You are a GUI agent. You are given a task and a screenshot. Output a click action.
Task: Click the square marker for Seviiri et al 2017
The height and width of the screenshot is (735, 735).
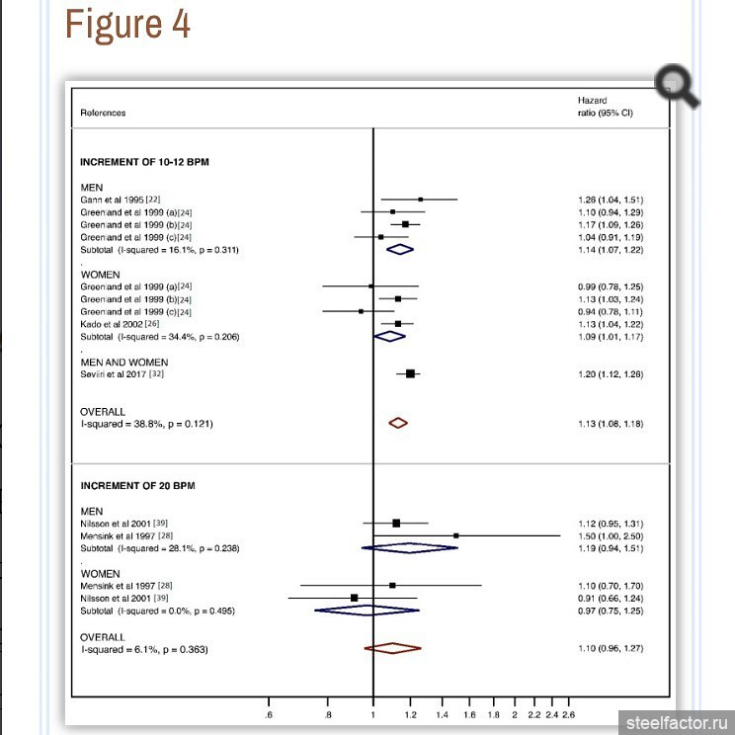pos(411,373)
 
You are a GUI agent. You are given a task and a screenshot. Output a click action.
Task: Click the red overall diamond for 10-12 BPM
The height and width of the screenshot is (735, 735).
pos(398,423)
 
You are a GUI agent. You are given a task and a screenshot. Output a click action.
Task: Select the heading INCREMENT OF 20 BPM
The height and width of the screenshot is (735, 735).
pos(138,486)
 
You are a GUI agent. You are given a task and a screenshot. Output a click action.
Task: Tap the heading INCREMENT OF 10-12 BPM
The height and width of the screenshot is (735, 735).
pos(144,161)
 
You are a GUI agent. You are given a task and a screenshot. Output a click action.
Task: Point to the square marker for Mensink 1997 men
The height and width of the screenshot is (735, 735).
pos(455,535)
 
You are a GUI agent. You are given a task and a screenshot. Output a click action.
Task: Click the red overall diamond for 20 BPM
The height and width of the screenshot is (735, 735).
pos(392,648)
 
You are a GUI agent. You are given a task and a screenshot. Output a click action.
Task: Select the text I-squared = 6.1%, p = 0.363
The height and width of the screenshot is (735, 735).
pos(144,649)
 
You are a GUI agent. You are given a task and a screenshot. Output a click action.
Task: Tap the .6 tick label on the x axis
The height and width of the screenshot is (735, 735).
pos(270,713)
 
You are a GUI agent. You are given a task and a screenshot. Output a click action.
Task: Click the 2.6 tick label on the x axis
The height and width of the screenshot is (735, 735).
pos(568,713)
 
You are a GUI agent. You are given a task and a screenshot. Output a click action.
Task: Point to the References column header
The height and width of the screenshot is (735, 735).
pos(103,113)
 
